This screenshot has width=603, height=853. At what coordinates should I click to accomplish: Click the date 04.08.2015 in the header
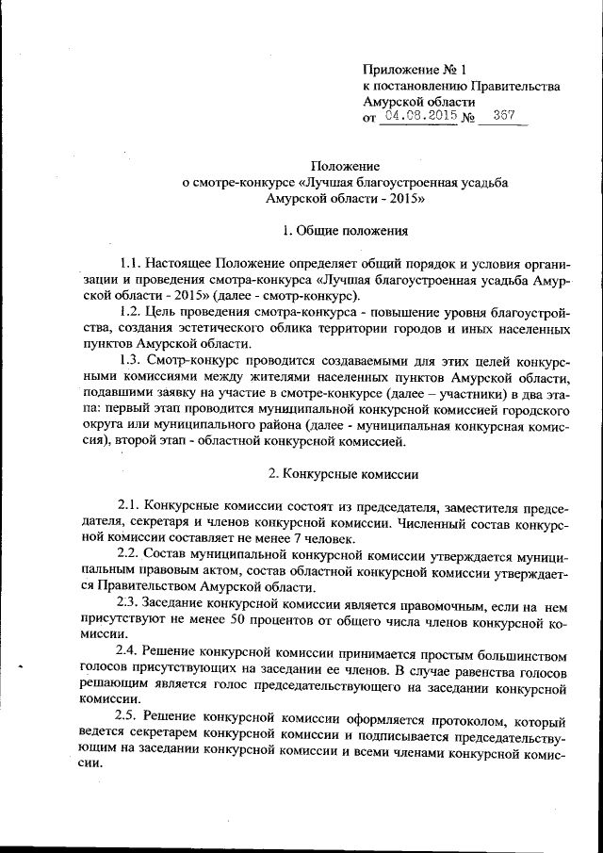click(417, 116)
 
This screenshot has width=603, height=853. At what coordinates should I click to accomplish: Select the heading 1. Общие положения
click(346, 230)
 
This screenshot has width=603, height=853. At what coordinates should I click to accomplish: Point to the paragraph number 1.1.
click(132, 262)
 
